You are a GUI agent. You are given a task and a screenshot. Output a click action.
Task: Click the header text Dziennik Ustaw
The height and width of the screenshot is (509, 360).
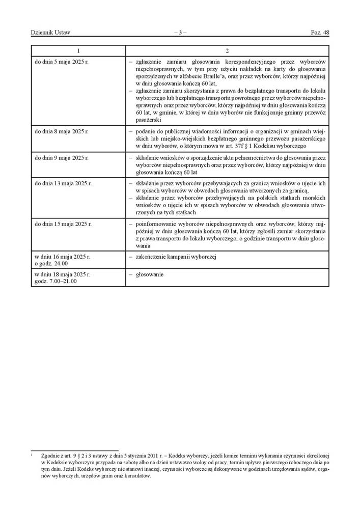[50, 33]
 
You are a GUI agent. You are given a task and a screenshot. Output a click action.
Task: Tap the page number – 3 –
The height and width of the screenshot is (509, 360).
[180, 33]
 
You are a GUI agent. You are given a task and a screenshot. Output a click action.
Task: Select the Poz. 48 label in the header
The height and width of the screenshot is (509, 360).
[320, 33]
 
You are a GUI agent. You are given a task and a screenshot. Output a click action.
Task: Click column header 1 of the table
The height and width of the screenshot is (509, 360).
[78, 51]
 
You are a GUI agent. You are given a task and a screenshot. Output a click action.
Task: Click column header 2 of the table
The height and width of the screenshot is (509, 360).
[227, 51]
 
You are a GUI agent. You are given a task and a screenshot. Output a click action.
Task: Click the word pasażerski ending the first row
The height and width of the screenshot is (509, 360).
[149, 120]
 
